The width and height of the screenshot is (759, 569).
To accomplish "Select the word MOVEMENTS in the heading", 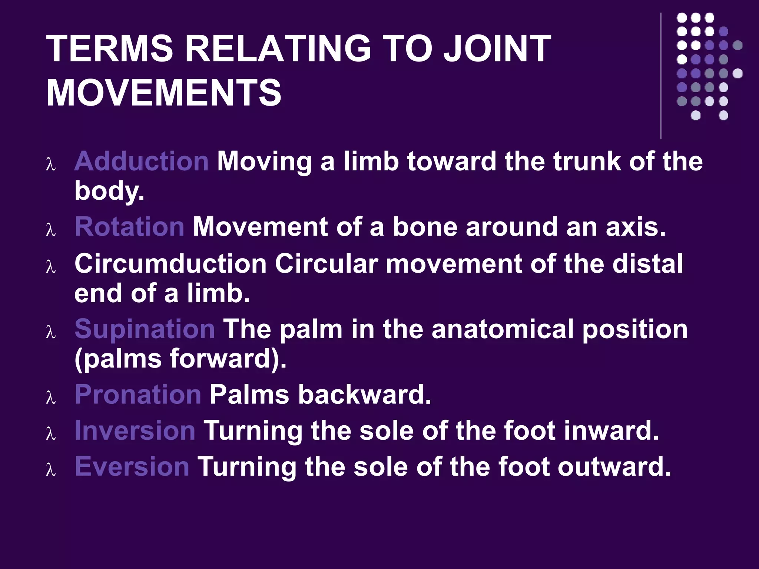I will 164,92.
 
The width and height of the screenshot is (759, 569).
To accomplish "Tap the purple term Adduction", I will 141,162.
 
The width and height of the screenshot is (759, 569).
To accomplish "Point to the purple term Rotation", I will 129,226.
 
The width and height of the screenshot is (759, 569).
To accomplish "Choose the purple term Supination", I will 145,329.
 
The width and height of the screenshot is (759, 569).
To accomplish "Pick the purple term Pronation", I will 138,394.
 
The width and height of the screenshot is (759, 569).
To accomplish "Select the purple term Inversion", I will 135,430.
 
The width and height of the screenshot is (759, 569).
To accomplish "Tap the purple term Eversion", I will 132,466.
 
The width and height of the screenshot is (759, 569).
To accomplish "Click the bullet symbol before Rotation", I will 51,230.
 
